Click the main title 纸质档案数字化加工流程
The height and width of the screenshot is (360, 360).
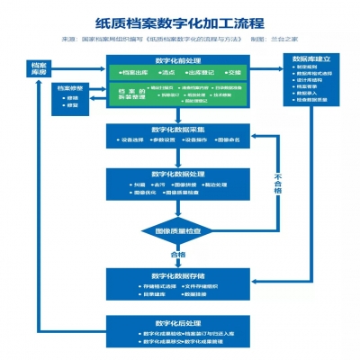tap(179, 25)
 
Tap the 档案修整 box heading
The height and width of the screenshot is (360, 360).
tap(71, 88)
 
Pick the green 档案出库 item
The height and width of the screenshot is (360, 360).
tap(133, 73)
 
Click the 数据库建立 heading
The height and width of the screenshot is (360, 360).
tap(311, 59)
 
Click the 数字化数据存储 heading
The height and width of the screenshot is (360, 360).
tap(179, 274)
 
